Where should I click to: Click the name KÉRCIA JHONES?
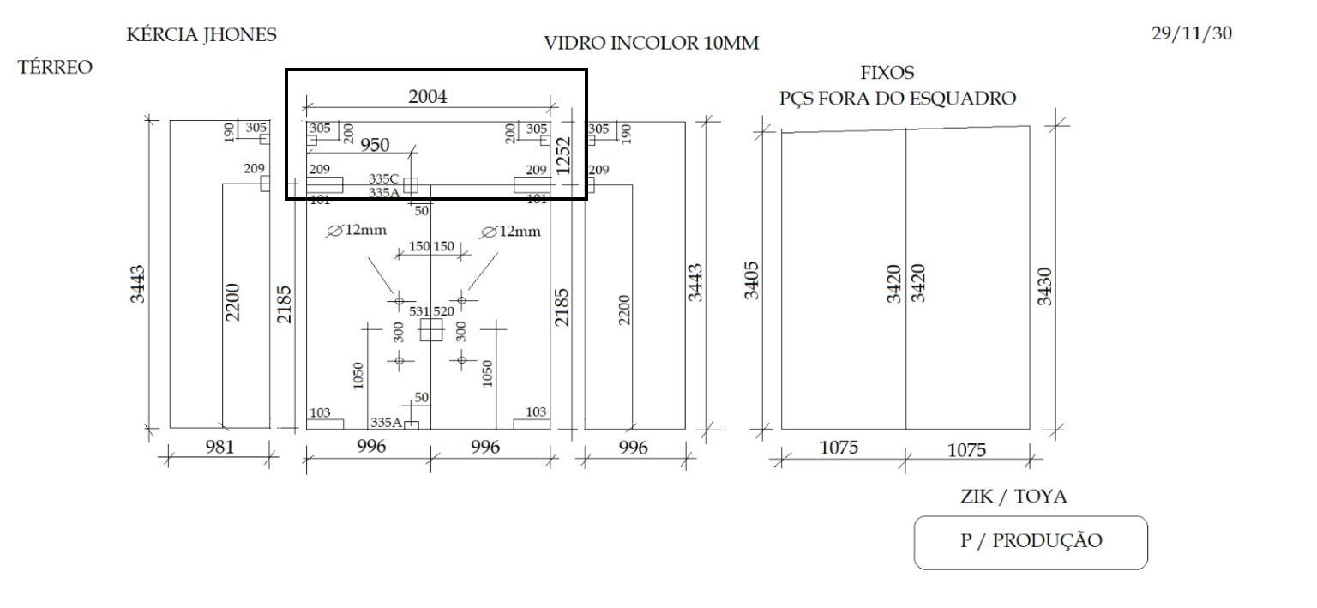coord(201,34)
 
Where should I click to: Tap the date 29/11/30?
coord(1191,33)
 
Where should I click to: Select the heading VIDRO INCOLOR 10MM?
coord(652,43)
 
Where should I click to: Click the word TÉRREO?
coord(55,67)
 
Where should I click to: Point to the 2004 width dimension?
coord(428,96)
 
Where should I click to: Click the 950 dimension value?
coord(375,145)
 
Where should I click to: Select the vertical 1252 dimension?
coord(563,156)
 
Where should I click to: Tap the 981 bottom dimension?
coord(219,447)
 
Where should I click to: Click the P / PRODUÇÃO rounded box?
coord(1031,542)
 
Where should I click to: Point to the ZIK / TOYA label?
coord(1013,497)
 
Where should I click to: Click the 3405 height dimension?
coord(751,280)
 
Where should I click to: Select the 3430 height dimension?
coord(1044,286)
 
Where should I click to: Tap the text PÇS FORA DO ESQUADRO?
coord(898,99)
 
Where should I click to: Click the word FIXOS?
coord(887,73)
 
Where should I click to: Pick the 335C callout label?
coord(383,178)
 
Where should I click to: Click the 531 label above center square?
coord(419,311)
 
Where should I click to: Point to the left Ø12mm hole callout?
coord(357,231)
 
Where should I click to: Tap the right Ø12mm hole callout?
coord(510,232)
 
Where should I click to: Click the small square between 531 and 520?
coord(431,330)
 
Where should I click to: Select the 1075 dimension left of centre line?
coord(839,448)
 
